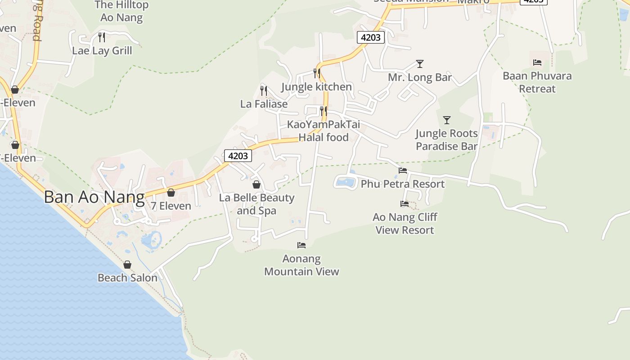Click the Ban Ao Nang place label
pos(94,198)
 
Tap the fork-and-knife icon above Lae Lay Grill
pos(102,37)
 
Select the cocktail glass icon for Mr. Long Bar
pos(420,64)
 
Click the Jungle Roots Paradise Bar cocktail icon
pos(447,120)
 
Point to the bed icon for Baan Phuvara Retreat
pos(537,63)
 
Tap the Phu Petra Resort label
pos(402,184)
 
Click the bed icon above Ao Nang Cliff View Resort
pos(405,204)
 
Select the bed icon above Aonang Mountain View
pos(301,245)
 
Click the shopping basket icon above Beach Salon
pos(127,265)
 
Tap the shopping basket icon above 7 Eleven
pos(171,193)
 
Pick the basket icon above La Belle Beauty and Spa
pos(256,184)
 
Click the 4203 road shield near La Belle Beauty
pos(238,156)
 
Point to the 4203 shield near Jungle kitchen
pos(371,37)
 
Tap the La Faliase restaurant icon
pos(264,90)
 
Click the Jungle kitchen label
pos(317,87)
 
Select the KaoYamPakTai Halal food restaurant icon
pos(323,111)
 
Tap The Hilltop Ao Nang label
pos(121,11)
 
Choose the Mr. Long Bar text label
pos(420,77)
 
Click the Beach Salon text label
pos(127,278)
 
